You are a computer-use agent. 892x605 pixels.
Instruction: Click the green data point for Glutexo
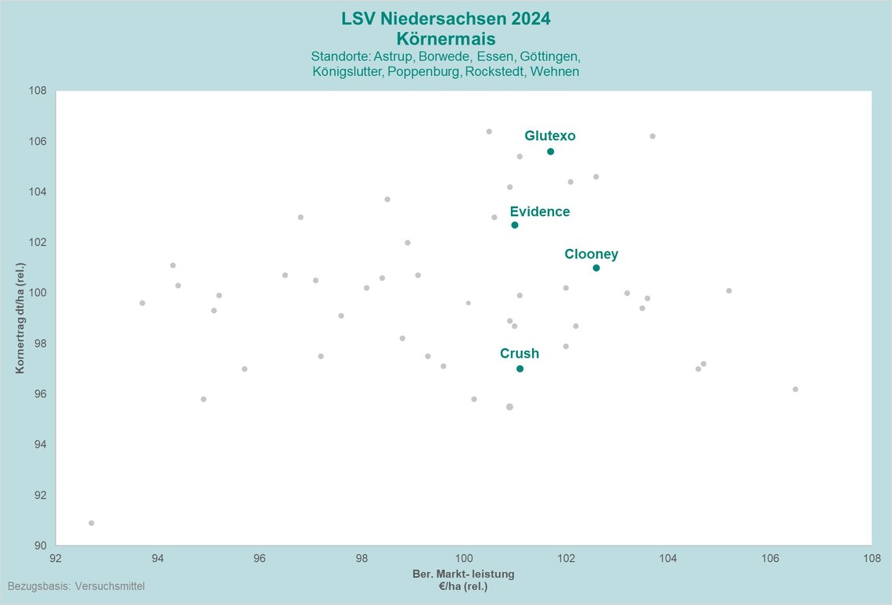coord(551,151)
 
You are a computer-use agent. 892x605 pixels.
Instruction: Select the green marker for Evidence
coord(515,225)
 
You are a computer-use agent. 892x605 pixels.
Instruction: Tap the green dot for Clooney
coord(596,268)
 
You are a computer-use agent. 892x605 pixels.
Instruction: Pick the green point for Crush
coord(520,369)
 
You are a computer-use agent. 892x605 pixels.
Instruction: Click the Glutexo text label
coord(550,136)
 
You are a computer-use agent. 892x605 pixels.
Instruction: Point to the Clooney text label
coord(592,254)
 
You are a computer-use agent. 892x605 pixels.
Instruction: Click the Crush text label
coord(520,354)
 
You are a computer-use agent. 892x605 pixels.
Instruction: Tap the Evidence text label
coord(540,212)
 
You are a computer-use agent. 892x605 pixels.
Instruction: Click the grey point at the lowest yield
coord(92,523)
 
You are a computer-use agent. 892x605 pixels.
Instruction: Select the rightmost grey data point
coord(796,389)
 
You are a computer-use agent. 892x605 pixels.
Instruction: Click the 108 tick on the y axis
coord(38,91)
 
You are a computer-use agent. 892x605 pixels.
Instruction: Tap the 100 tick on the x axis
coord(464,558)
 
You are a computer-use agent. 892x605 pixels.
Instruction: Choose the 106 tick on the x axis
coord(770,558)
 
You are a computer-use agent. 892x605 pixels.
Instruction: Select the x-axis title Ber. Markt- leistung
coord(463,574)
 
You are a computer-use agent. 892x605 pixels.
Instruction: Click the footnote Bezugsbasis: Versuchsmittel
coord(76,585)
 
